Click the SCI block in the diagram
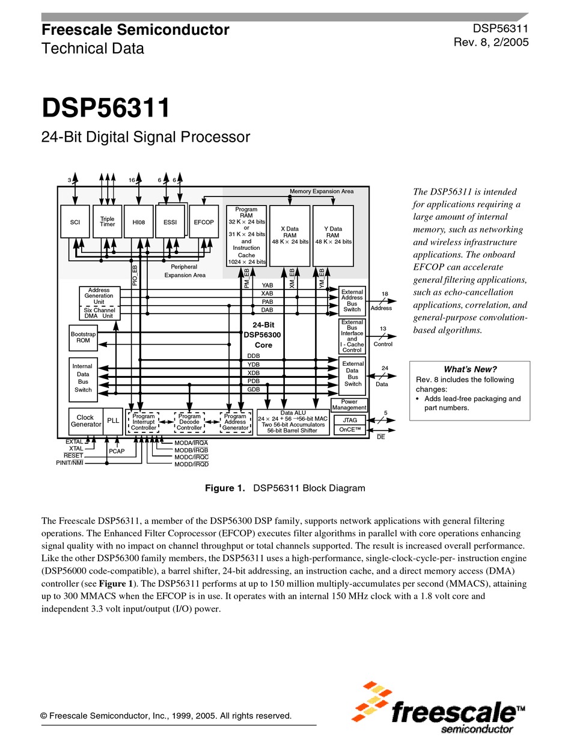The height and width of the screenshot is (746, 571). (x=75, y=222)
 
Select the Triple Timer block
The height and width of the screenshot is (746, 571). (x=108, y=222)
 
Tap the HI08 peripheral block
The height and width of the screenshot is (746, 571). (x=139, y=222)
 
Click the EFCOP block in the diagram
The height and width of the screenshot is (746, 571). (x=204, y=222)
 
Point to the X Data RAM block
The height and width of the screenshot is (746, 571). (x=290, y=235)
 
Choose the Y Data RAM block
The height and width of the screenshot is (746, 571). (x=333, y=235)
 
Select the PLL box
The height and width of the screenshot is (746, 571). (x=113, y=421)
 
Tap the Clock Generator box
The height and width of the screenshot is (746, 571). (x=85, y=421)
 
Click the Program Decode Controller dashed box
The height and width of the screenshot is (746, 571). (x=189, y=422)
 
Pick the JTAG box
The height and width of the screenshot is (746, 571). (x=350, y=420)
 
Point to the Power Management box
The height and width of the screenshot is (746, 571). (x=349, y=405)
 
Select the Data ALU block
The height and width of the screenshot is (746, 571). (x=292, y=422)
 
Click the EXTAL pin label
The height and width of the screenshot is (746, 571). (x=75, y=442)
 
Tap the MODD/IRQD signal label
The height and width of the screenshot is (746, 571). (x=191, y=464)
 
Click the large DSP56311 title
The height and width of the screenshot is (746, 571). (x=106, y=109)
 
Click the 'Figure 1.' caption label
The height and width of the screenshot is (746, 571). (x=225, y=488)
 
